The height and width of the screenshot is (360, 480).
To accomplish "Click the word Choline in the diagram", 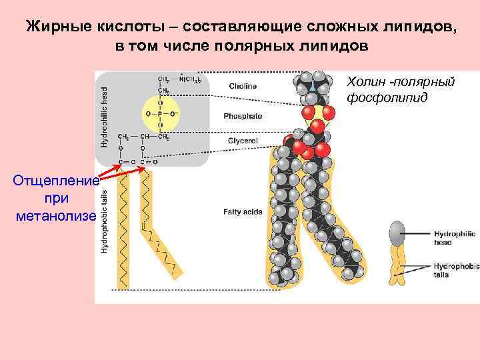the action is [x=243, y=86].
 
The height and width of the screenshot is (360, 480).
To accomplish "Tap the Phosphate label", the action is [x=243, y=116].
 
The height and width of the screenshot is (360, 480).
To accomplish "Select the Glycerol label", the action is [x=243, y=141].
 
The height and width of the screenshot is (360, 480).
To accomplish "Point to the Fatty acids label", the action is [x=243, y=212].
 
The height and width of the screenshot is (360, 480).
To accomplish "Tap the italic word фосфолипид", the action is [x=381, y=99].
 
